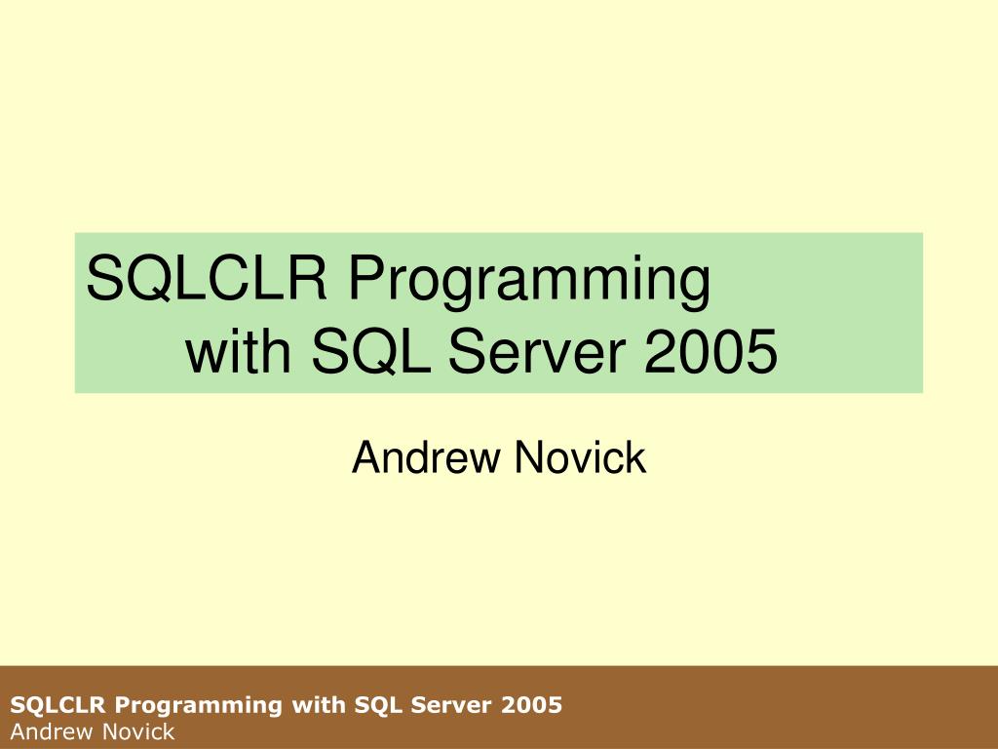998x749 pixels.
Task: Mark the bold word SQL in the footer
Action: [x=367, y=704]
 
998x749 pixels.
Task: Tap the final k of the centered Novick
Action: [x=635, y=457]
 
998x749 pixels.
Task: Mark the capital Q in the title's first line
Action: [x=153, y=280]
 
